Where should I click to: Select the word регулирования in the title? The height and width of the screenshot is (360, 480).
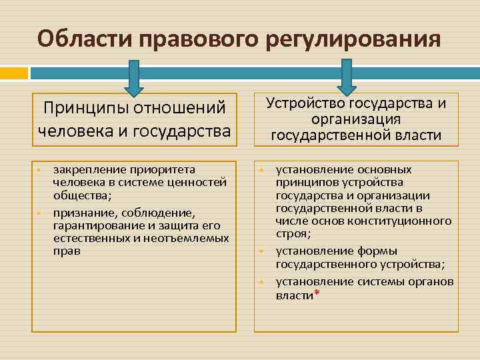(x=353, y=39)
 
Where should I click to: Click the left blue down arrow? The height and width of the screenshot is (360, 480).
(x=133, y=79)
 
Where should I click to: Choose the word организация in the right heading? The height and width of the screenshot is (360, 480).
(x=355, y=119)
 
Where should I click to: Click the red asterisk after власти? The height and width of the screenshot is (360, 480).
(x=316, y=293)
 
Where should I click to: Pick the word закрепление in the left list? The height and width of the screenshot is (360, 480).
(x=85, y=169)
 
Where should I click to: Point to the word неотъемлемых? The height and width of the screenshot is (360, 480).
(x=196, y=238)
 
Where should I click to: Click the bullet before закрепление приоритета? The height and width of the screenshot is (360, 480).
(x=39, y=170)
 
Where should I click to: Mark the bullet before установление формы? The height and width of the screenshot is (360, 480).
(x=262, y=251)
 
